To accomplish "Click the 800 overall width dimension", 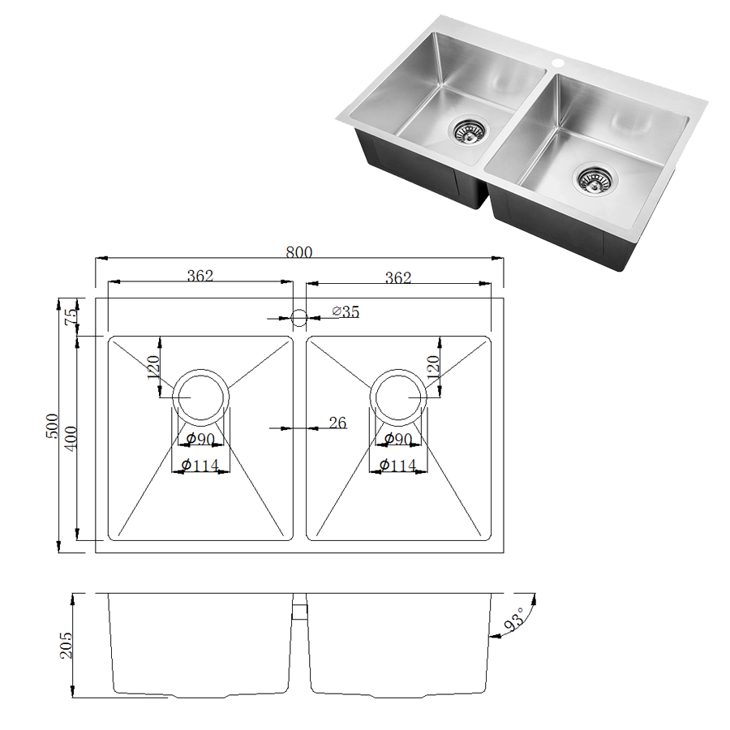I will [x=298, y=252].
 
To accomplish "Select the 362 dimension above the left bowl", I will [x=200, y=276].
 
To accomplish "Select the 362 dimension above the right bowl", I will [x=397, y=277].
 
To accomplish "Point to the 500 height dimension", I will [x=51, y=426].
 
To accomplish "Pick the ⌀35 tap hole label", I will [x=346, y=312].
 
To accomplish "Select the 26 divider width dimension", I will [x=337, y=423].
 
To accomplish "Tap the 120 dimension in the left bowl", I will [x=152, y=369].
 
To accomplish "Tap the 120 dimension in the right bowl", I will [x=432, y=368].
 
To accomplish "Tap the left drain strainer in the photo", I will [x=467, y=130].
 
